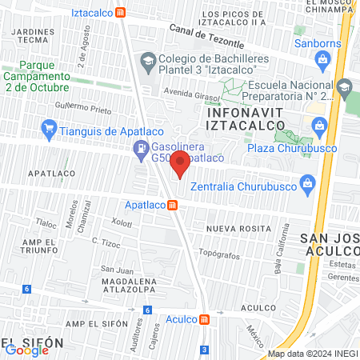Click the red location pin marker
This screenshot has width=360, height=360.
coord(180,164)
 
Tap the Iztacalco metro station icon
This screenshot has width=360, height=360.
coord(121,13)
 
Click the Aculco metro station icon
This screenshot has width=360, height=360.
coord(205,319)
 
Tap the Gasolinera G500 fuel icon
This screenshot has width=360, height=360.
coord(141,147)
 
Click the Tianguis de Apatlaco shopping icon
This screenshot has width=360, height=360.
coord(50,126)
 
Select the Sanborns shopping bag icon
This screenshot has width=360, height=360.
coord(322,58)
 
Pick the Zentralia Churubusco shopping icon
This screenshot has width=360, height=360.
coord(306,185)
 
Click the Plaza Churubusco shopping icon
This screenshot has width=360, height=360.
coord(320,124)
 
